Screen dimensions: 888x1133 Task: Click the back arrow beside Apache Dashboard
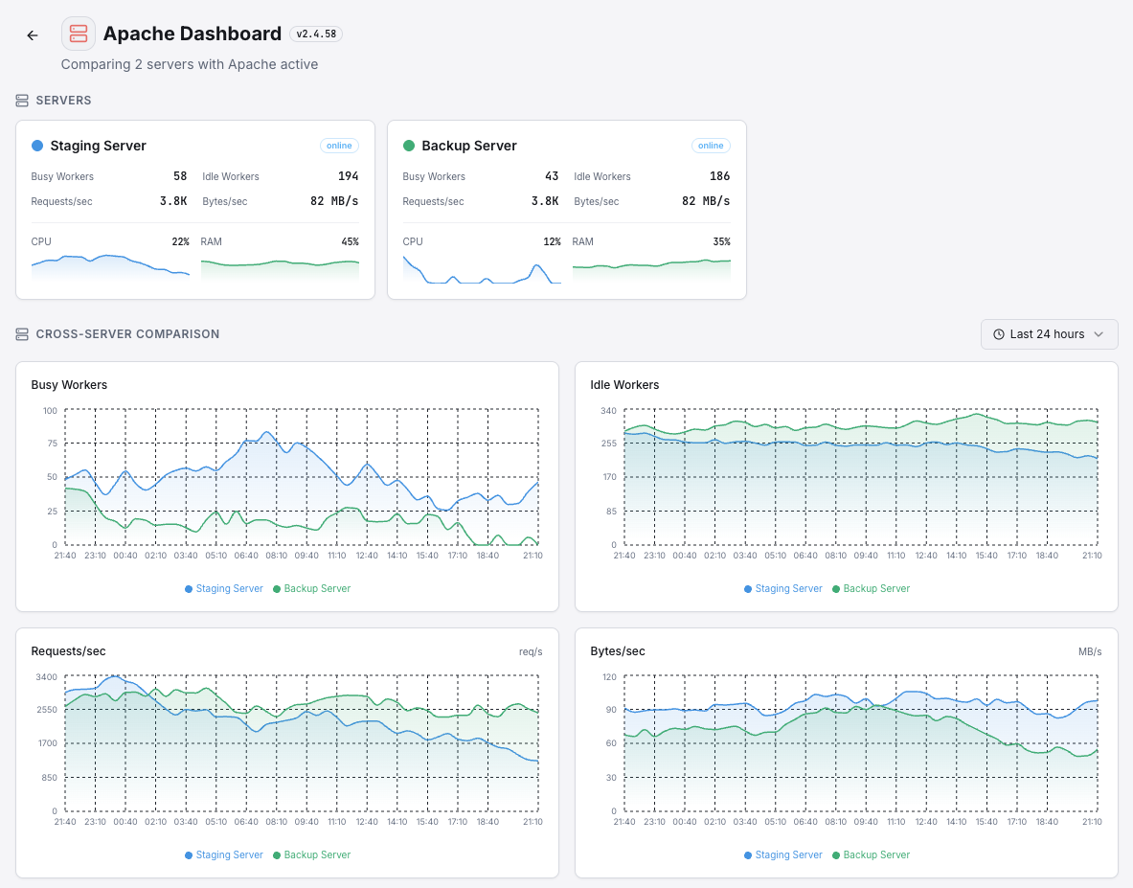coord(33,35)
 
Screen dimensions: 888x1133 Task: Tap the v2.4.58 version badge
coord(316,34)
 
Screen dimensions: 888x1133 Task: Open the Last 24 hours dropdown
coord(1049,334)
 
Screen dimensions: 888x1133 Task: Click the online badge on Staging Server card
coord(339,146)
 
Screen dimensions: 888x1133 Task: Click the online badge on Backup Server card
coord(711,146)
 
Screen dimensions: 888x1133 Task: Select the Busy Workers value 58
coord(180,176)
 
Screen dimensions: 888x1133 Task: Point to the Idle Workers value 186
coord(720,176)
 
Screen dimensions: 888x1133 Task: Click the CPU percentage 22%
coord(180,241)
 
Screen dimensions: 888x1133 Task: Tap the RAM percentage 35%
coord(721,241)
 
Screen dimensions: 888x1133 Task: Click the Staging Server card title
coord(98,146)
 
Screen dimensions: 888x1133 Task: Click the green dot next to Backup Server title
coord(409,146)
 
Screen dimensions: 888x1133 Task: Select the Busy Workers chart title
coord(69,385)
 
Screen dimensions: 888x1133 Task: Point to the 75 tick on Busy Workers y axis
coord(51,444)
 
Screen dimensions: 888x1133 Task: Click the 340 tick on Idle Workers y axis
coord(608,411)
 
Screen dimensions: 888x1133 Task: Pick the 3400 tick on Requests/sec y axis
coord(46,677)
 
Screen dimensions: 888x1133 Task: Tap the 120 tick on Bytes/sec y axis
coord(608,677)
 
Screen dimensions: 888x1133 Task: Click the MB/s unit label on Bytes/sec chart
coord(1090,651)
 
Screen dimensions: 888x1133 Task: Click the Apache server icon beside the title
coord(79,34)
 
